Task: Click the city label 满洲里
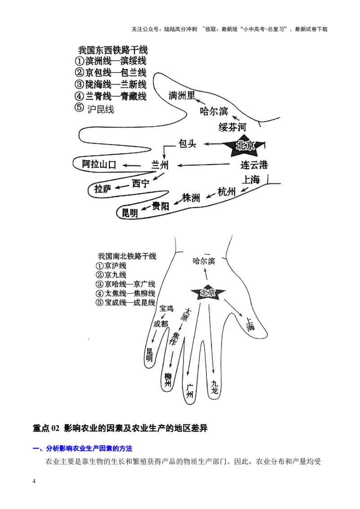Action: (x=182, y=96)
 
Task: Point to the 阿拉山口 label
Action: (x=99, y=165)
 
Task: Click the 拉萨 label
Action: (x=103, y=189)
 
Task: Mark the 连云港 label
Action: (x=254, y=165)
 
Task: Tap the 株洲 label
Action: (x=191, y=198)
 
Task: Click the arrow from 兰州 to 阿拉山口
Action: (x=134, y=165)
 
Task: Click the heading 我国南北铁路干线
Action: (x=127, y=256)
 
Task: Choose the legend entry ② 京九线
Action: (x=112, y=275)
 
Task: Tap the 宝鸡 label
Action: (x=166, y=308)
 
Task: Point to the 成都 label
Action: (x=161, y=323)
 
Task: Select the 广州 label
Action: (x=190, y=392)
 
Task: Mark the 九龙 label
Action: (x=215, y=387)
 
